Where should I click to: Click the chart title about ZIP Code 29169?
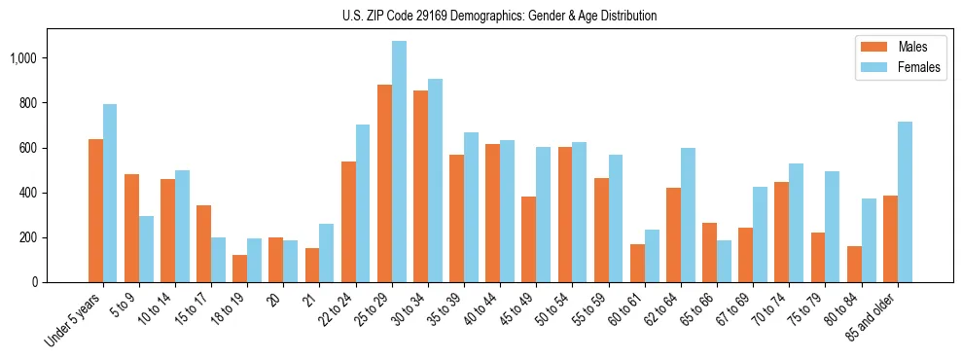(500, 16)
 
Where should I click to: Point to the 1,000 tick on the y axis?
(22, 58)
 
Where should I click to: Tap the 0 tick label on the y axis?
(34, 282)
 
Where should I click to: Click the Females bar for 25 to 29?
(399, 162)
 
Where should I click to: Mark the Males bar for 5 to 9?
(131, 229)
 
